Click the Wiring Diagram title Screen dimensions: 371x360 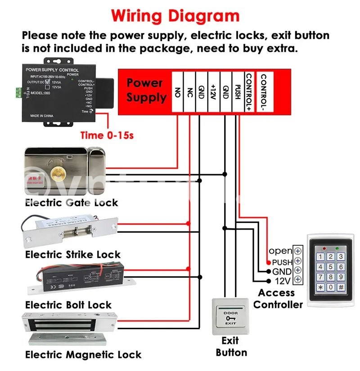(175, 16)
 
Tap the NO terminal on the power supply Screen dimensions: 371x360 (178, 93)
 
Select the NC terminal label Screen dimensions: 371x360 (190, 93)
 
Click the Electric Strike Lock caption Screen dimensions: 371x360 (73, 254)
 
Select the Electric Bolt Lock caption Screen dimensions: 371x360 (68, 305)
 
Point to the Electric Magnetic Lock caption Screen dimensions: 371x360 (83, 355)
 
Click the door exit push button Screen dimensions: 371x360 (231, 318)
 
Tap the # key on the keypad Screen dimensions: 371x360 (341, 287)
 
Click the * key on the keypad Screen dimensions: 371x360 (320, 287)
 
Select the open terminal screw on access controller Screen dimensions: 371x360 (298, 251)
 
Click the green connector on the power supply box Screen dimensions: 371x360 (18, 92)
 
